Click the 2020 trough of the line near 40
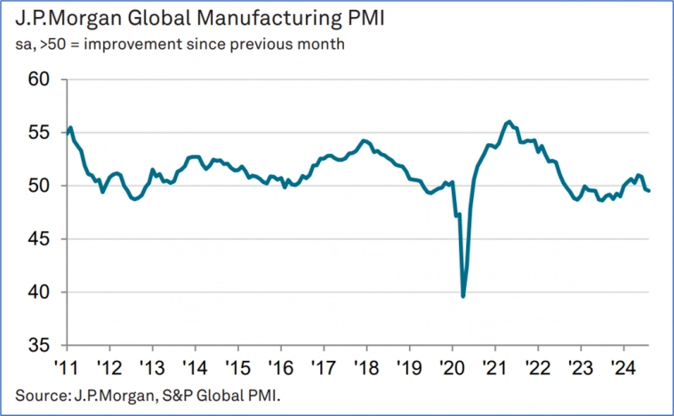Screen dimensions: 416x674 pyautogui.click(x=463, y=295)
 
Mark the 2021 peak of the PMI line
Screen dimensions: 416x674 pyautogui.click(x=509, y=122)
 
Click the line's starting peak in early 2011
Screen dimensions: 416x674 pyautogui.click(x=70, y=128)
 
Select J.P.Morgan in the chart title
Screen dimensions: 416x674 pyautogui.click(x=56, y=18)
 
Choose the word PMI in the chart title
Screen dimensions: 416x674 pyautogui.click(x=308, y=18)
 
